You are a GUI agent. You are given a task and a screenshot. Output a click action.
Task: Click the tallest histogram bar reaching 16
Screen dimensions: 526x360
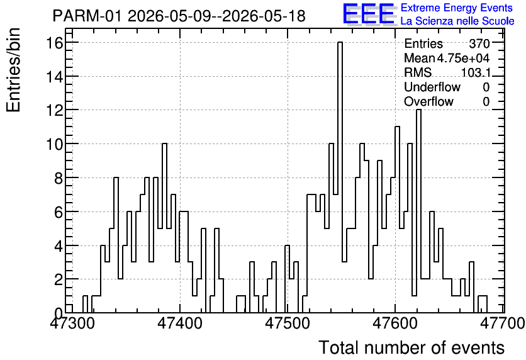(340, 177)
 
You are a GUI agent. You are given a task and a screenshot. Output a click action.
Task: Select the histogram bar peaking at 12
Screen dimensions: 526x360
(418, 211)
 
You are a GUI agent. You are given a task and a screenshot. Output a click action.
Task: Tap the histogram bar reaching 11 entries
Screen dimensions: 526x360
(397, 220)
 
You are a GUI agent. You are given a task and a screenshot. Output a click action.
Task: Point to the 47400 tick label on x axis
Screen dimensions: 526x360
(180, 323)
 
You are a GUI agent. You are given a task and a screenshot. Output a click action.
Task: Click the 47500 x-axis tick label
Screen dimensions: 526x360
(288, 323)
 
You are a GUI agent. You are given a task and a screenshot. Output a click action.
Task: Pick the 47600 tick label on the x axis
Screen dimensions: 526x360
(395, 323)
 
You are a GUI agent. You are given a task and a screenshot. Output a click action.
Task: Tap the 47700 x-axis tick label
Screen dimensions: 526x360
(502, 323)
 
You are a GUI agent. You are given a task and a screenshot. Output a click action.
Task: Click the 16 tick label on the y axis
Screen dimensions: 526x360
(55, 43)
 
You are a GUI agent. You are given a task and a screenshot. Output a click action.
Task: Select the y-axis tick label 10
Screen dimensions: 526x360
(55, 144)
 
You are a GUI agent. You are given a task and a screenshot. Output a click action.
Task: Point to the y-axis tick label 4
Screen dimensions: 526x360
(59, 245)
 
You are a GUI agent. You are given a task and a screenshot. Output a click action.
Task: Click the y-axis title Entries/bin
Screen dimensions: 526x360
(14, 70)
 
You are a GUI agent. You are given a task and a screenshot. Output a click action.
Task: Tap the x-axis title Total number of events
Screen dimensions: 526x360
(411, 347)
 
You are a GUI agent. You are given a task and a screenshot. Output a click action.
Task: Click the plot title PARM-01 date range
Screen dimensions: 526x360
(179, 16)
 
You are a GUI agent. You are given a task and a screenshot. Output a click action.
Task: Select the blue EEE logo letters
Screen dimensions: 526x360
(368, 14)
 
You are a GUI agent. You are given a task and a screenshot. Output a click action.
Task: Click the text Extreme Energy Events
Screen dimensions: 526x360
(457, 8)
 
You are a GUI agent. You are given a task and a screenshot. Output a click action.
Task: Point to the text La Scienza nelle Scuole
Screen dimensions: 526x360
(457, 21)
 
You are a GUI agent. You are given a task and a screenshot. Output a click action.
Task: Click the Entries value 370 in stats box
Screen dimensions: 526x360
(479, 43)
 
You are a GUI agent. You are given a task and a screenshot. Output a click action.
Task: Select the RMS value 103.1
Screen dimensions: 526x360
(476, 72)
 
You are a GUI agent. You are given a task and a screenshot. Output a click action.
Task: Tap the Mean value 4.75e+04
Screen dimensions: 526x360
(463, 58)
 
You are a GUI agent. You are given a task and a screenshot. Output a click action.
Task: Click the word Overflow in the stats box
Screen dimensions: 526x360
(428, 101)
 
